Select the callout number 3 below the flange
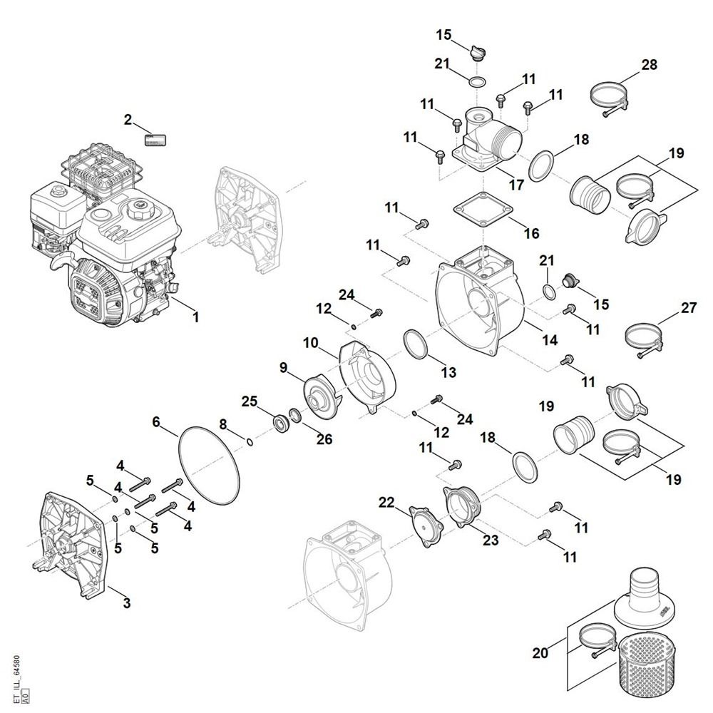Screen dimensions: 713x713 126,604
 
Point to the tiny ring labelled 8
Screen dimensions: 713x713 249,442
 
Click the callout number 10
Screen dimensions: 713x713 310,343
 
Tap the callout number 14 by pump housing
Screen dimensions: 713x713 550,340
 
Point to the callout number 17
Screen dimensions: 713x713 515,185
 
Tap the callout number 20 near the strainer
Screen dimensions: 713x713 541,652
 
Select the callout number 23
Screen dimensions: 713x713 491,540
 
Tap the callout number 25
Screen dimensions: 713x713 248,401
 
